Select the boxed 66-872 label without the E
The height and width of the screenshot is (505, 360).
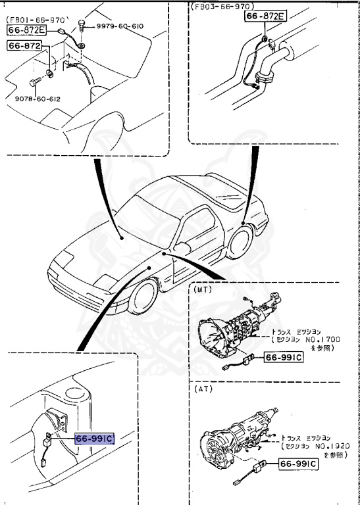click(x=24, y=45)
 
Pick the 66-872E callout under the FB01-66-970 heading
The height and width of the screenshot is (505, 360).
click(x=27, y=30)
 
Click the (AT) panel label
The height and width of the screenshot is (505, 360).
click(x=201, y=389)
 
